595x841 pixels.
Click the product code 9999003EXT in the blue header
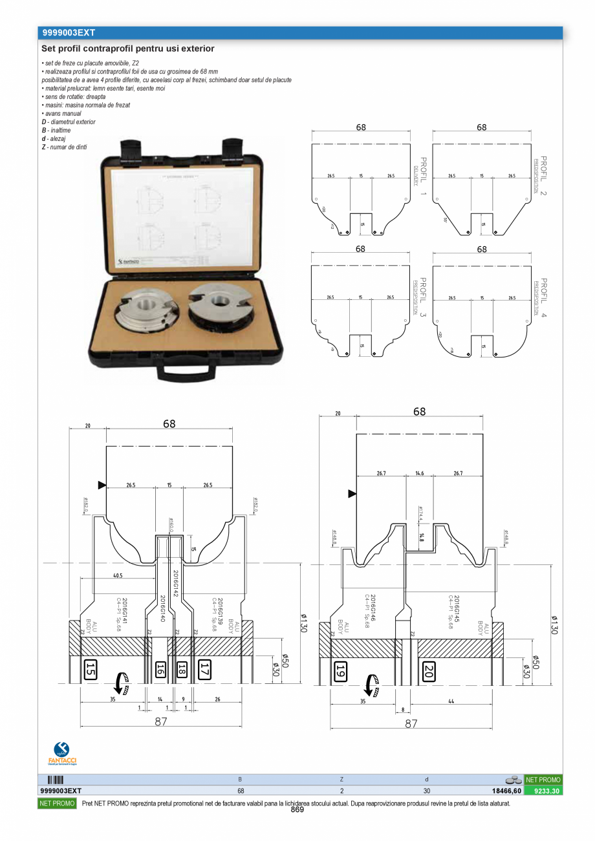69,32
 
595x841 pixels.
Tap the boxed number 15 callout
91,669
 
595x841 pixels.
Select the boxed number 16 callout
160,669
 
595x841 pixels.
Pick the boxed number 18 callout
182,669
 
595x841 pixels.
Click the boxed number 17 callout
204,669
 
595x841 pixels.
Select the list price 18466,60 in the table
506,791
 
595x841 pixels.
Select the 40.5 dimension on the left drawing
118,575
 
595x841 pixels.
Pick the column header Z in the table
341,780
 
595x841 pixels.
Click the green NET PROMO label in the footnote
58,804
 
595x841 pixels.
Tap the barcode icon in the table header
56,780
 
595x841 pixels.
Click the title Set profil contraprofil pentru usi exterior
128,48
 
